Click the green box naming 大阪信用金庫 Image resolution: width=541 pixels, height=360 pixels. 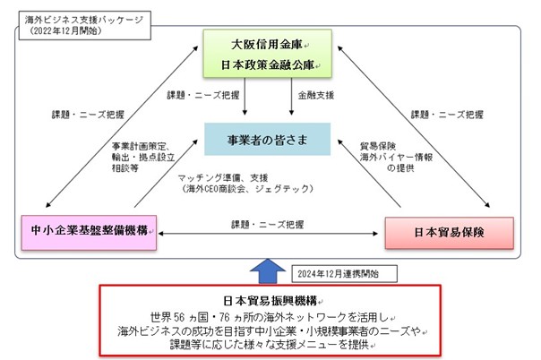[266, 44]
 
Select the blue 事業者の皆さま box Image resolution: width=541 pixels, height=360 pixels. [266, 140]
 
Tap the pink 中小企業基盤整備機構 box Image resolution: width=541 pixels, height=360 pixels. [88, 230]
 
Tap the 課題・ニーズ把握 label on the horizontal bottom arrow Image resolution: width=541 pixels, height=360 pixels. [266, 225]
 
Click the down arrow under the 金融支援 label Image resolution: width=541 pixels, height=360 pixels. [288, 109]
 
